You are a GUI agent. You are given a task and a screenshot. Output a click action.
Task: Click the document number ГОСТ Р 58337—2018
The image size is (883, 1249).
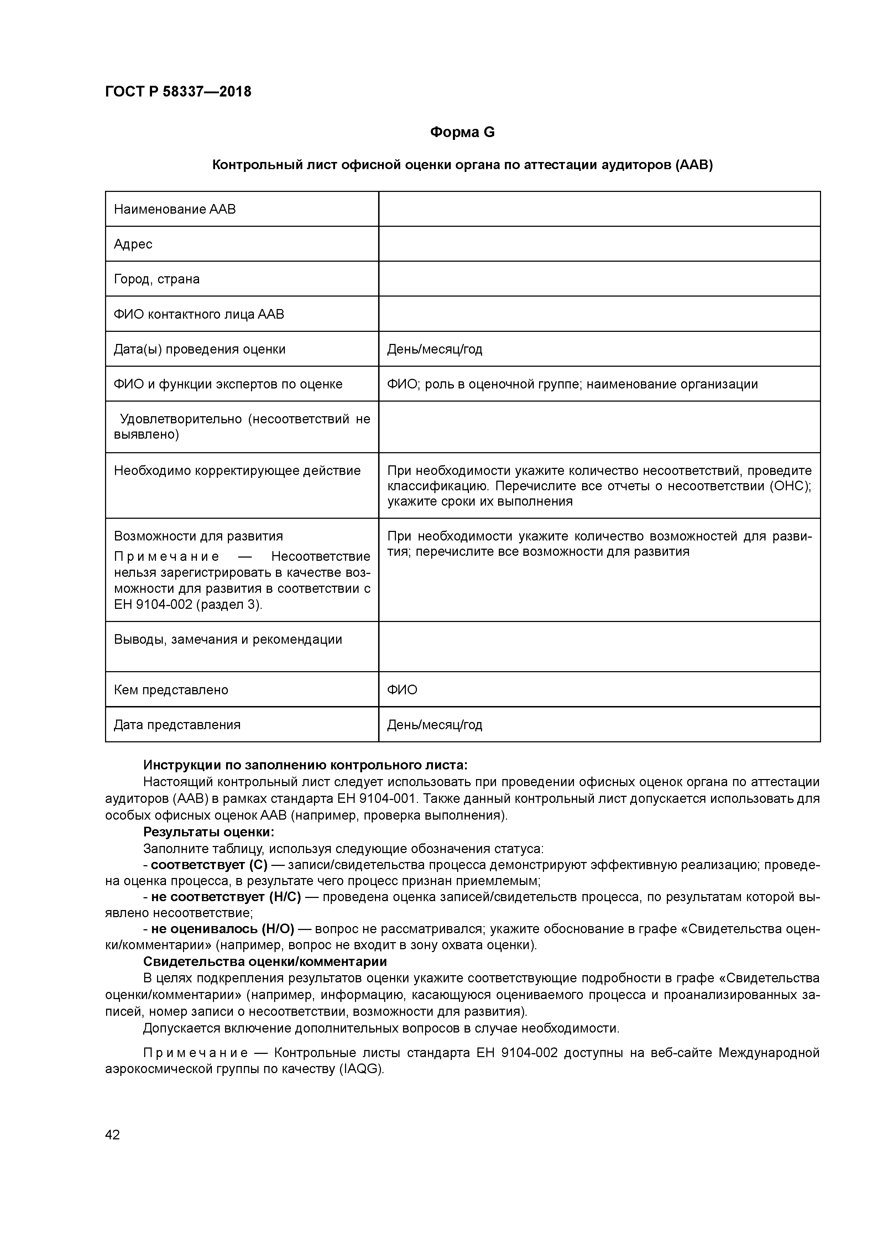click(x=178, y=92)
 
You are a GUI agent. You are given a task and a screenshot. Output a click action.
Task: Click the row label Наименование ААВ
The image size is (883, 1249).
click(x=174, y=209)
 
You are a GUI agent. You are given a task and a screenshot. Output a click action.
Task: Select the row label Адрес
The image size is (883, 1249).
click(x=133, y=244)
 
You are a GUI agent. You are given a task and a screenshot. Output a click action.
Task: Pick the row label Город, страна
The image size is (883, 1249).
click(x=157, y=279)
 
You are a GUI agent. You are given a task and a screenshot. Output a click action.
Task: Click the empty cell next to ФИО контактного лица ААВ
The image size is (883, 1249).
click(x=599, y=314)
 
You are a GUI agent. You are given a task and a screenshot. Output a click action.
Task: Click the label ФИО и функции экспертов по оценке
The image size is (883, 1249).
click(x=228, y=384)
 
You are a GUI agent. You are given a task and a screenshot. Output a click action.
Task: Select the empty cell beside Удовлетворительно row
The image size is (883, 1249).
click(x=599, y=427)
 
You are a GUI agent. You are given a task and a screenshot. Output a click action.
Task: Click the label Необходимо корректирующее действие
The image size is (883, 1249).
click(x=237, y=471)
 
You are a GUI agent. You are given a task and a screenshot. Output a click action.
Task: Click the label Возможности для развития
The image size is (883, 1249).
click(x=198, y=536)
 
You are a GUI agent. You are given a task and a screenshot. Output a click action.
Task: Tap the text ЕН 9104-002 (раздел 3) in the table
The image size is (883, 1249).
click(x=188, y=604)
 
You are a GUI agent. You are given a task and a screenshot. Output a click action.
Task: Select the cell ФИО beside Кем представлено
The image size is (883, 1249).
click(x=402, y=690)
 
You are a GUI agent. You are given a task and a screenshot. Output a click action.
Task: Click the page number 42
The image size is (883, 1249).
click(x=113, y=1135)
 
